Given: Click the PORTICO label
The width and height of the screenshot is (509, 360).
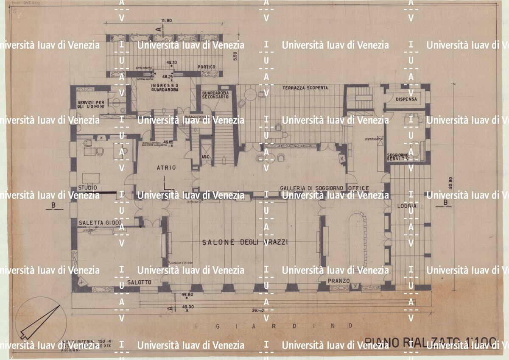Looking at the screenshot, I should (x=207, y=67).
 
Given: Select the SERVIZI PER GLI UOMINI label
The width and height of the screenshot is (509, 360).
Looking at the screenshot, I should (x=91, y=104).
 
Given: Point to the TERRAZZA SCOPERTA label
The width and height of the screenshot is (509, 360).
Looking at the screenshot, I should (x=305, y=88).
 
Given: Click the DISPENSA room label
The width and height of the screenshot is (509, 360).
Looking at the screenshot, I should (x=406, y=99).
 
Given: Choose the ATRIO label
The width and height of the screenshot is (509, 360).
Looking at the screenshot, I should (x=166, y=168).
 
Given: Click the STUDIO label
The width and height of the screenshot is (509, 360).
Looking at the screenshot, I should (x=87, y=187).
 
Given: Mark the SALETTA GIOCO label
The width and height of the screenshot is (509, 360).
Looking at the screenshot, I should (x=100, y=223).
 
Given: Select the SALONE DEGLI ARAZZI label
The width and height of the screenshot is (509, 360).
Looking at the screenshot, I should (x=245, y=242).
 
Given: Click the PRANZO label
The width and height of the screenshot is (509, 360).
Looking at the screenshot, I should (x=338, y=281).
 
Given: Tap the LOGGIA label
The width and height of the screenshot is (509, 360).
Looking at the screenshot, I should (x=407, y=206).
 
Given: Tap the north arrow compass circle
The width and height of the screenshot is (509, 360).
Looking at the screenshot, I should (x=40, y=321).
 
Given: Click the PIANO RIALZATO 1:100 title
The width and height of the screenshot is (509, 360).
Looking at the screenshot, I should (x=430, y=342).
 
